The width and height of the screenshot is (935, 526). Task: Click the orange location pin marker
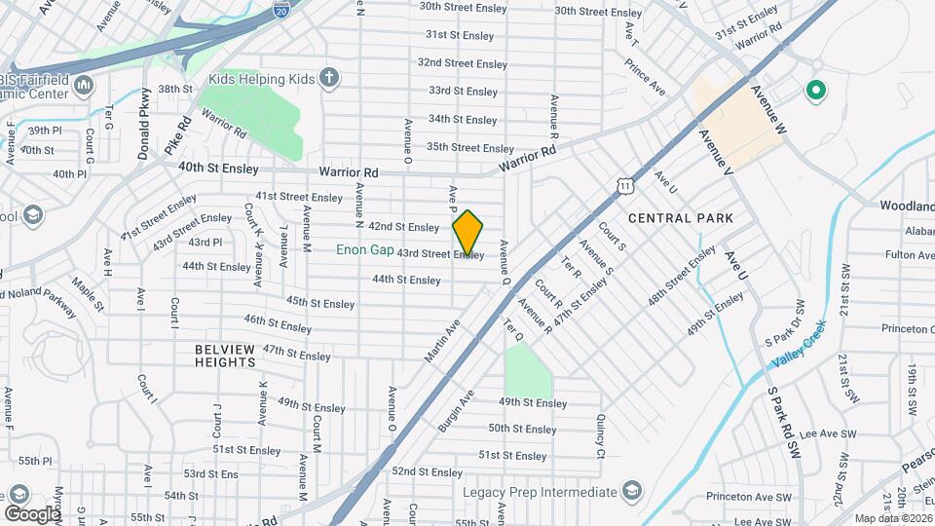coord(467,233)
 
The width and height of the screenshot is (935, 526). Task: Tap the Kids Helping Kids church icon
coord(330,77)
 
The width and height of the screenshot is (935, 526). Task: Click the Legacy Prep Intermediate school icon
coord(632,490)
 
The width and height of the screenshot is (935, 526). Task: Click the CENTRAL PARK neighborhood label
coord(680,217)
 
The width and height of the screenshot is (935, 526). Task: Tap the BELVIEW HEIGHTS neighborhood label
coord(224,356)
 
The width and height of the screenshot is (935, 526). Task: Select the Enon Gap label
coord(365,250)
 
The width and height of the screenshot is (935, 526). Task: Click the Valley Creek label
coord(799,344)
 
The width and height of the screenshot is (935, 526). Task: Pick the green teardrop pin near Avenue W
coord(814,93)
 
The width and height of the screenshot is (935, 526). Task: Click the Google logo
coord(32,513)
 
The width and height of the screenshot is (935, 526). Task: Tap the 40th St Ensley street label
coord(218,168)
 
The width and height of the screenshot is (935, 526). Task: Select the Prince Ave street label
coord(646,77)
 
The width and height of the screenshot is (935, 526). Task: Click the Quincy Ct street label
coord(601,434)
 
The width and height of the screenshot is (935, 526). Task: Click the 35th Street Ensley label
coord(469,147)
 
